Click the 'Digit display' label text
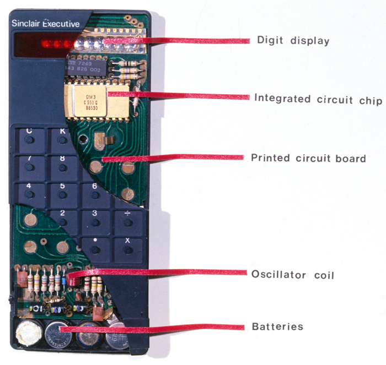click(x=293, y=40)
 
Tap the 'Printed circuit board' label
click(x=308, y=159)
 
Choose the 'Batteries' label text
click(x=277, y=326)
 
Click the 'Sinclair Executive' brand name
click(x=45, y=24)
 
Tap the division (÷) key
click(x=128, y=220)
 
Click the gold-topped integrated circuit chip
click(x=96, y=99)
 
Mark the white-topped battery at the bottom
click(x=25, y=333)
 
